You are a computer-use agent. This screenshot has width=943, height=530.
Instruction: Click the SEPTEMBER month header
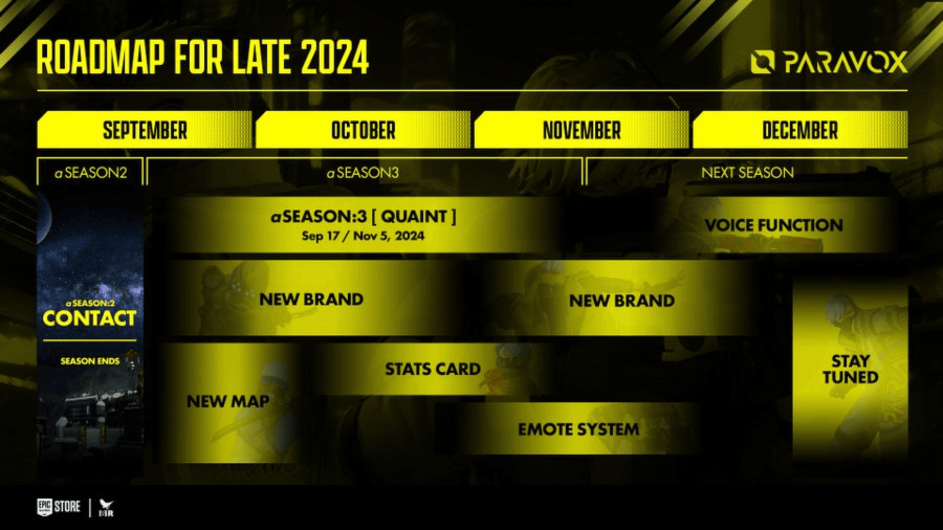(x=145, y=130)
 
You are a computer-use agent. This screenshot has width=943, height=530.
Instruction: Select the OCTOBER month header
(x=363, y=130)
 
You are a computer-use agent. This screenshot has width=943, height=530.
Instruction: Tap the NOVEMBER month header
(x=582, y=130)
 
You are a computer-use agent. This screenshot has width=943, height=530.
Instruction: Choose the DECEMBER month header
(x=800, y=130)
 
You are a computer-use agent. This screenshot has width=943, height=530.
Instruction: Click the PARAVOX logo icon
(x=763, y=62)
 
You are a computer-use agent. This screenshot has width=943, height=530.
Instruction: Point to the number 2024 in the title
(x=334, y=57)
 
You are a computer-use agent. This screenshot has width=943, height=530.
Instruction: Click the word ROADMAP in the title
(x=101, y=57)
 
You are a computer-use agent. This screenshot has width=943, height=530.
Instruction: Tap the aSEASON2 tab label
(x=91, y=173)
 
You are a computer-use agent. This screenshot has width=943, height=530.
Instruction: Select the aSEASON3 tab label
(x=363, y=173)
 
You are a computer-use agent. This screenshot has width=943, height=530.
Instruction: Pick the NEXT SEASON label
(x=748, y=173)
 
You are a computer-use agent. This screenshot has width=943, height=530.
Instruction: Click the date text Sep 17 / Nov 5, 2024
(x=363, y=236)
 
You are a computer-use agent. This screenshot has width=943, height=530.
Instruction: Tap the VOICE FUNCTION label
(x=774, y=225)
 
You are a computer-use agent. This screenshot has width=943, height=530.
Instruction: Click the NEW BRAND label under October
(x=311, y=299)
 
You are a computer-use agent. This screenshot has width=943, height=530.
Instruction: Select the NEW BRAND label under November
(x=622, y=301)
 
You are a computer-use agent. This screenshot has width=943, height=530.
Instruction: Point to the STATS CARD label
(x=433, y=369)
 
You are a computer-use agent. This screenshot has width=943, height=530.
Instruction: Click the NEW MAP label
(x=228, y=401)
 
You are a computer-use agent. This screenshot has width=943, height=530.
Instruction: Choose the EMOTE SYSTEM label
(x=579, y=429)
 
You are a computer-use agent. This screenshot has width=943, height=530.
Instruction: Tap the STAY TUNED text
(x=851, y=369)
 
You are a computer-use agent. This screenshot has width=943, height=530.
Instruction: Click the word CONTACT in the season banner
(x=89, y=318)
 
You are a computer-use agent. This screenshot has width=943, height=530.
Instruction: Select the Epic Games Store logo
(x=58, y=507)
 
